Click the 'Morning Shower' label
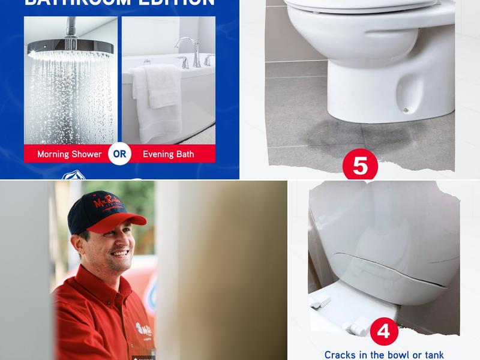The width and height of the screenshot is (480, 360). [x=69, y=154]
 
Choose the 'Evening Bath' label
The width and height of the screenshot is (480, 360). [x=168, y=154]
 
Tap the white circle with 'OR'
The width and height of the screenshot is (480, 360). [x=119, y=154]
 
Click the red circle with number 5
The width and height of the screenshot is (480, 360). [x=360, y=166]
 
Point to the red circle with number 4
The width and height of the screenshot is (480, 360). [x=384, y=332]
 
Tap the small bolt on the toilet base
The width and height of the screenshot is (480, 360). [x=406, y=109]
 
